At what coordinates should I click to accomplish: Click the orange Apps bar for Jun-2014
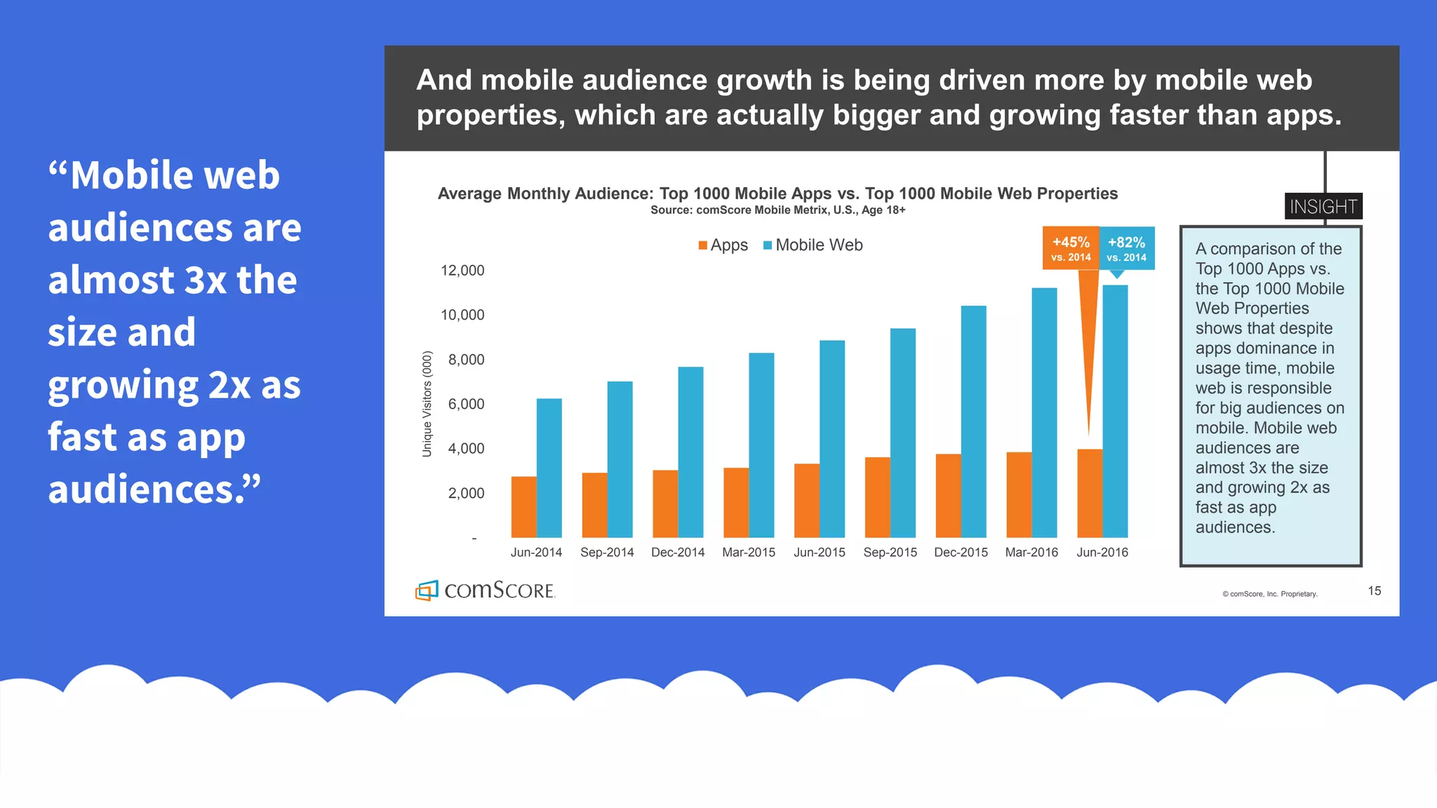pos(523,507)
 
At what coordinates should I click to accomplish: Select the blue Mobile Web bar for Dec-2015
pos(973,422)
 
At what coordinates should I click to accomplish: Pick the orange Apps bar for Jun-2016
pos(1089,493)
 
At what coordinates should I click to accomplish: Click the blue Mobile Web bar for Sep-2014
pos(620,459)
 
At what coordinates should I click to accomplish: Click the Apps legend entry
pos(723,245)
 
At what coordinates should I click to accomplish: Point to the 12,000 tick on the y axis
pos(462,271)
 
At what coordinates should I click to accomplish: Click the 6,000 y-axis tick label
pos(466,404)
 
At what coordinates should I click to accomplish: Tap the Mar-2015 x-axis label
pos(749,553)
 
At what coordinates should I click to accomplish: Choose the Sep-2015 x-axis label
pos(890,553)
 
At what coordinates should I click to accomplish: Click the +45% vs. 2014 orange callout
pos(1071,248)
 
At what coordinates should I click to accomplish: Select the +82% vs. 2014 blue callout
pos(1126,248)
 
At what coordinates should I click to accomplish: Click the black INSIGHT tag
pos(1323,206)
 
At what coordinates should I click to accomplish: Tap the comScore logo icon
pos(427,591)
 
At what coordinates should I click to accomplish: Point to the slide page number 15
pos(1374,591)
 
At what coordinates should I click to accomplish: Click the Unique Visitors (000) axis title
pos(427,404)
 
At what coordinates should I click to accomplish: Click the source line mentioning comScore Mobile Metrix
pos(777,210)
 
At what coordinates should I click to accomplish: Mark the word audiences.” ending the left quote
pos(154,490)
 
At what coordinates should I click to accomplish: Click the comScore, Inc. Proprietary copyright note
pos(1270,594)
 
